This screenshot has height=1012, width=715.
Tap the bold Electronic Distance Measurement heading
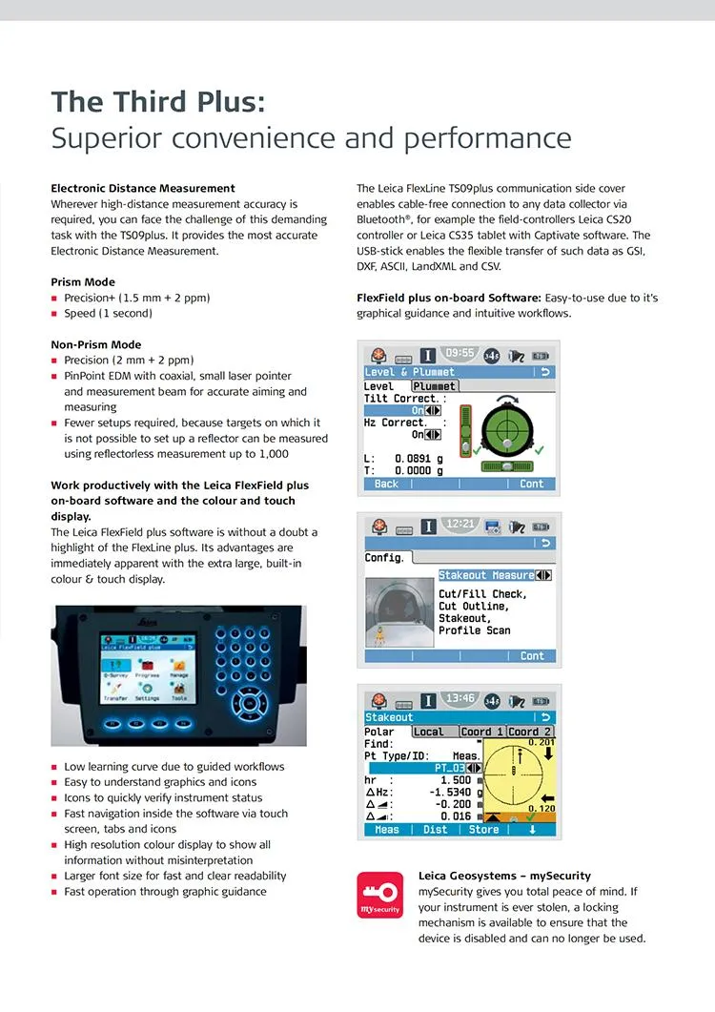pyautogui.click(x=143, y=188)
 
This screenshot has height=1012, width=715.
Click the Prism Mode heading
pyautogui.click(x=83, y=281)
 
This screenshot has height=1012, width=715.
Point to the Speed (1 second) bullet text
pyautogui.click(x=108, y=313)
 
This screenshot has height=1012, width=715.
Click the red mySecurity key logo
pyautogui.click(x=379, y=894)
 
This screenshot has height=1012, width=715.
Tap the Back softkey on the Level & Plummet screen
pyautogui.click(x=386, y=484)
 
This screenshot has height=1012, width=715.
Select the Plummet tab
pyautogui.click(x=434, y=386)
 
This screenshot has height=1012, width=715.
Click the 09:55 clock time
pyautogui.click(x=460, y=353)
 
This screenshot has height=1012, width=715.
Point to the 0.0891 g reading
pyautogui.click(x=419, y=458)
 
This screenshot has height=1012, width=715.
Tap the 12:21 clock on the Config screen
pyautogui.click(x=461, y=525)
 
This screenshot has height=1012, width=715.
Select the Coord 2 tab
pyautogui.click(x=530, y=732)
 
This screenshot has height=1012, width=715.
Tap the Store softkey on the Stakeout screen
pyautogui.click(x=484, y=829)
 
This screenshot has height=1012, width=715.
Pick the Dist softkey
pyautogui.click(x=436, y=829)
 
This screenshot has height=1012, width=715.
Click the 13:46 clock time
pyautogui.click(x=461, y=698)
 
